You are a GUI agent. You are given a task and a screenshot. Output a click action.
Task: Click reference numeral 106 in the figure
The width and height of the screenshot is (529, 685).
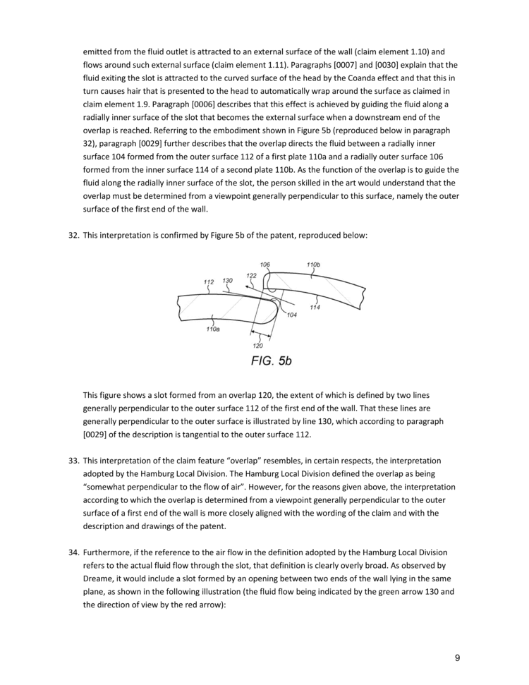click(x=264, y=265)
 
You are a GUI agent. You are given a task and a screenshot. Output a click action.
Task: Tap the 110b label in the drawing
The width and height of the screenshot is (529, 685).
click(x=314, y=265)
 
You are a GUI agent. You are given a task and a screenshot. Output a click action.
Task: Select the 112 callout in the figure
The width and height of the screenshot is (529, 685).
click(x=209, y=282)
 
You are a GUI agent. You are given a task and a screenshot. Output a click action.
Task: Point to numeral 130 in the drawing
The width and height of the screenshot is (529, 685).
click(x=228, y=281)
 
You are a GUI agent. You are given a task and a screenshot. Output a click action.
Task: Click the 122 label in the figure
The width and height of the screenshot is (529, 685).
click(x=251, y=276)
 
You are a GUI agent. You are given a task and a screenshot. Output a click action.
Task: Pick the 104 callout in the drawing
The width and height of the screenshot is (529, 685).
click(x=291, y=315)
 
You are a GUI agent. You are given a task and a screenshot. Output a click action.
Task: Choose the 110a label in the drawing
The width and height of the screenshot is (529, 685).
click(x=212, y=329)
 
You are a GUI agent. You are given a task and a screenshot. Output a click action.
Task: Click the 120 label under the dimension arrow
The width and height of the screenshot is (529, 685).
click(x=257, y=346)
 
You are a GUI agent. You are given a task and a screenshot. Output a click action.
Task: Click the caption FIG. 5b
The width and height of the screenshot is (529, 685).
click(x=271, y=360)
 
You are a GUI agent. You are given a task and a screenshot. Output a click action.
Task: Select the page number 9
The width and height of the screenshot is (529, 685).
click(x=457, y=658)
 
